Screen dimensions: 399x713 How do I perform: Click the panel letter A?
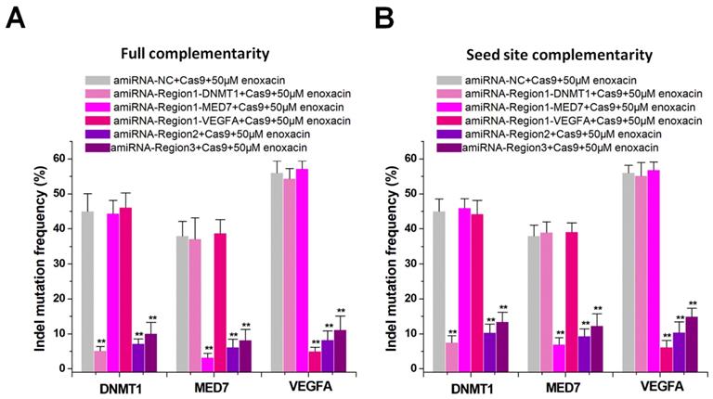tap(16, 18)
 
